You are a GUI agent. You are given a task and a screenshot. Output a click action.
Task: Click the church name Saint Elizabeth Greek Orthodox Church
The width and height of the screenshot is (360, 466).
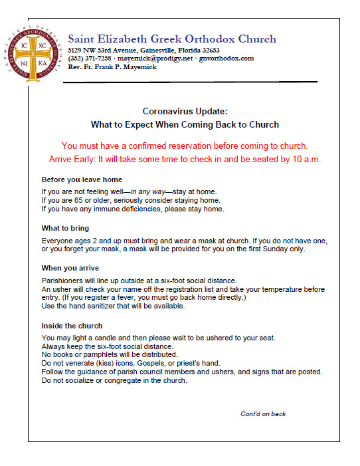pos(172,39)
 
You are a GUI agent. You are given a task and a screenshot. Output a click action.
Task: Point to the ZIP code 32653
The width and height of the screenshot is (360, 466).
pos(209,51)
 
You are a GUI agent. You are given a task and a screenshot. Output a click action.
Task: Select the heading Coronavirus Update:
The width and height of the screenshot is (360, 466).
pos(185,112)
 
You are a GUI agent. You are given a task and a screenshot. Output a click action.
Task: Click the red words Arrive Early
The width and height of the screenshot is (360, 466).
pos(72,160)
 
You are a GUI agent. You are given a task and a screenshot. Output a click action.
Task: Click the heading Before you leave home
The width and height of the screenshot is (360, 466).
pos(82,180)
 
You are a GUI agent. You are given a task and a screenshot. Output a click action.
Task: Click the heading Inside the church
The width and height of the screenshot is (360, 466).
pos(72,326)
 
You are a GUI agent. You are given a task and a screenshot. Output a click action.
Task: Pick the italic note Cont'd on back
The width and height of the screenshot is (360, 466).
pos(263,414)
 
